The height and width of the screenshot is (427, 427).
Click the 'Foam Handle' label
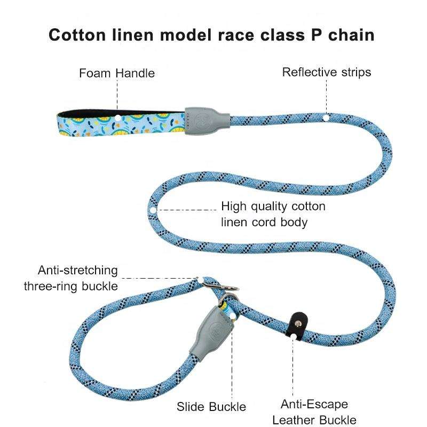click(x=117, y=73)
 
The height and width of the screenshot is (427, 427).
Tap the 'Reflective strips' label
click(x=326, y=72)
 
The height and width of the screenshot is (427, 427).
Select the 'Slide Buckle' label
click(x=211, y=407)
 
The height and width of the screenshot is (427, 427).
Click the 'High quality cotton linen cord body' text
click(x=273, y=213)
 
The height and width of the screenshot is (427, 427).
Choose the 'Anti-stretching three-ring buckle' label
click(x=70, y=278)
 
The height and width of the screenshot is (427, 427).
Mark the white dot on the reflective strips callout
click(x=326, y=116)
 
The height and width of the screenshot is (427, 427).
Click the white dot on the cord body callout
click(x=153, y=210)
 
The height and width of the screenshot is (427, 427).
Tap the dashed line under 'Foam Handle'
click(x=117, y=96)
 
